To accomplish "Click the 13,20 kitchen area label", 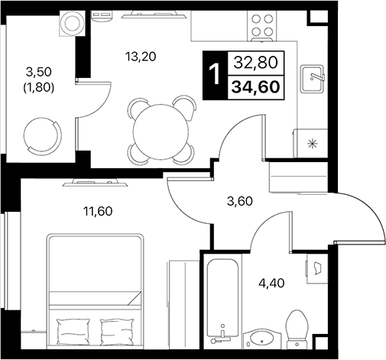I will pos(141,54).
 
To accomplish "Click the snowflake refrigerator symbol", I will pos(311,143).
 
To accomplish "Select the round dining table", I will pos(159,130).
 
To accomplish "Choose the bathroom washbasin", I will pos(262,339).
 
